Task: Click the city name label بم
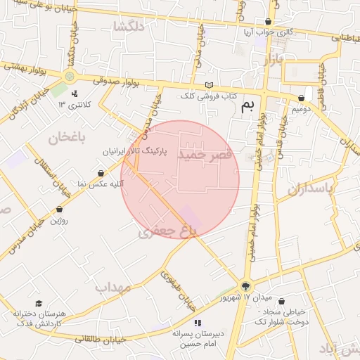(246, 106)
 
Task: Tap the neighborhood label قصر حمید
(205, 153)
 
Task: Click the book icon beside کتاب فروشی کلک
(207, 85)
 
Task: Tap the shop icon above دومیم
(301, 98)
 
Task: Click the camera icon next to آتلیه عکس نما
(101, 173)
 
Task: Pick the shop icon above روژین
(59, 209)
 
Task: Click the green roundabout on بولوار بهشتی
(69, 76)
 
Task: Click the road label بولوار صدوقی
(116, 79)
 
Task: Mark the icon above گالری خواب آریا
(267, 22)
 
